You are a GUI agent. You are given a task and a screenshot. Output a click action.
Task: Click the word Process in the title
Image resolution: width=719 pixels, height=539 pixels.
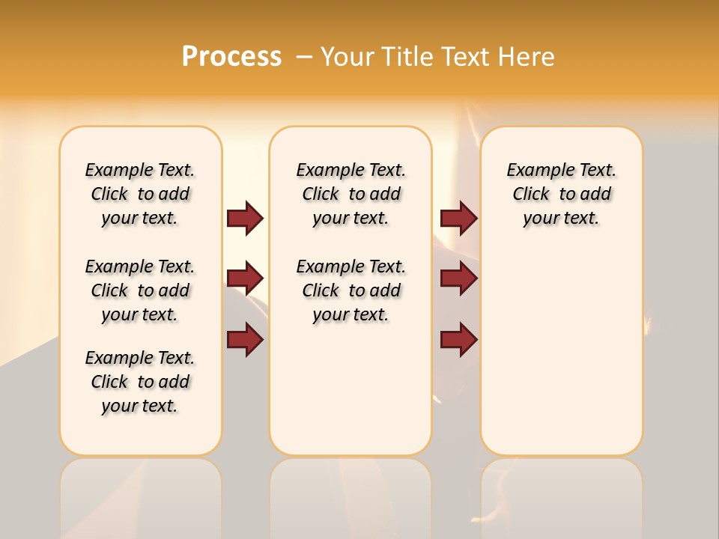231,57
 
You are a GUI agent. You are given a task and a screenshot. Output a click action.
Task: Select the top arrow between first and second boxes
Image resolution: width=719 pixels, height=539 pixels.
245,219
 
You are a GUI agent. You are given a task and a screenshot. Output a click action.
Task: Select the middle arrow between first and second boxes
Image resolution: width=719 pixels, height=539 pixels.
245,279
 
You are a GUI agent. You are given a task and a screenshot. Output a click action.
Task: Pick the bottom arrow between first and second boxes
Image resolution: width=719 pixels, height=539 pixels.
245,340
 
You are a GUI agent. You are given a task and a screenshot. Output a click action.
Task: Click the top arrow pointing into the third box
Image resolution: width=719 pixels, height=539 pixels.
458,219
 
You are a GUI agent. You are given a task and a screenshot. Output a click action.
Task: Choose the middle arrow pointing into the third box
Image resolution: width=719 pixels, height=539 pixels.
458,279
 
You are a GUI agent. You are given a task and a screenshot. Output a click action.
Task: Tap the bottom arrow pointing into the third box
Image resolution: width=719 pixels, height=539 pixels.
458,340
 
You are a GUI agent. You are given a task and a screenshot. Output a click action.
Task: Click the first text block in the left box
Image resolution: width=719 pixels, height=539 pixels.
140,194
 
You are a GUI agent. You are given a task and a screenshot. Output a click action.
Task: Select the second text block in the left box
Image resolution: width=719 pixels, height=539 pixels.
140,290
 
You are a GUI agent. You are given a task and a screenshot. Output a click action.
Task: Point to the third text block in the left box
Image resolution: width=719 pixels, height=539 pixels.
140,382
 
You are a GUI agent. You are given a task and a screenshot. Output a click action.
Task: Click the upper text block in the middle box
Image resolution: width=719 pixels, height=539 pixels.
351,194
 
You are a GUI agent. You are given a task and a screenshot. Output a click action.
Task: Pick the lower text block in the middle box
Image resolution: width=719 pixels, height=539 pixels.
351,290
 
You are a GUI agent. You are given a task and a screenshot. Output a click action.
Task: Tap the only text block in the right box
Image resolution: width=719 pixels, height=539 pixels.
561,194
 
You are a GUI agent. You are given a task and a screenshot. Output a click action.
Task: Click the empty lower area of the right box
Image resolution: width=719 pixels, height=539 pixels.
561,352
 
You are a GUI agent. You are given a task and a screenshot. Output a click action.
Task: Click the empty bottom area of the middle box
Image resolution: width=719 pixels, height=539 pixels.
351,397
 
